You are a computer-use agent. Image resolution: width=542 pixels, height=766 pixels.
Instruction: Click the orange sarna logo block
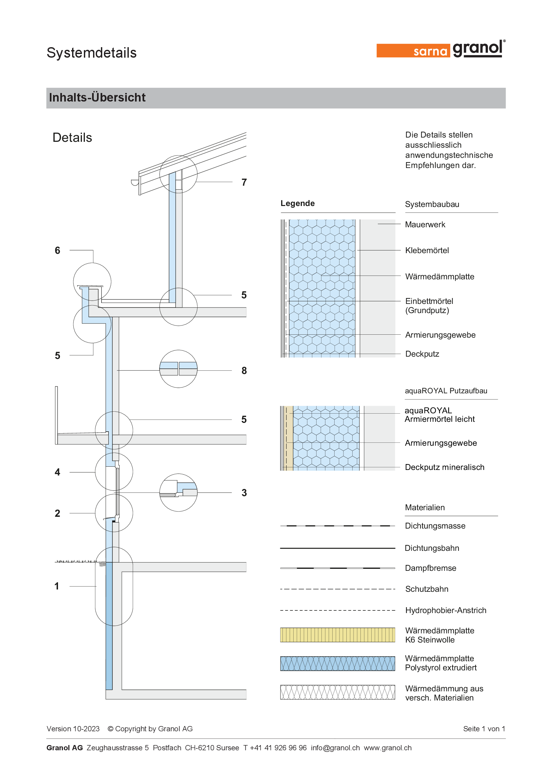pos(413,51)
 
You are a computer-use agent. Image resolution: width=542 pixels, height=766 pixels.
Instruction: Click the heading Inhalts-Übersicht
pos(97,97)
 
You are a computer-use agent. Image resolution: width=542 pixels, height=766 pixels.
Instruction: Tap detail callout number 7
pos(244,182)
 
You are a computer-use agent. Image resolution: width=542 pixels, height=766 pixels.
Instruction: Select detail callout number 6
pos(57,250)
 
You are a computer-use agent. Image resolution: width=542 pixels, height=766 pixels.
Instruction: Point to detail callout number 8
pos(244,370)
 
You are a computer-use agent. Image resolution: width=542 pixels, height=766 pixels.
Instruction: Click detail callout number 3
pos(244,493)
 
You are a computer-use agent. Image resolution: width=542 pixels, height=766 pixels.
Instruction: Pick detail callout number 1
pos(57,586)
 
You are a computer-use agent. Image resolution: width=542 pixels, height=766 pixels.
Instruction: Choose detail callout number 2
pos(57,513)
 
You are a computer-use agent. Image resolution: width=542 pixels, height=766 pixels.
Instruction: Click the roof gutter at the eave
pos(135,182)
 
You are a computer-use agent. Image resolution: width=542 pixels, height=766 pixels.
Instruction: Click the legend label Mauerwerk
pos(425,225)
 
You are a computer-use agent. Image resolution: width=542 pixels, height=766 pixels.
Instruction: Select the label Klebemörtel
pos(427,250)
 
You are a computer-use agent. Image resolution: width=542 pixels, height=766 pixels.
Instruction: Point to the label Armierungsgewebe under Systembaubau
pos(440,335)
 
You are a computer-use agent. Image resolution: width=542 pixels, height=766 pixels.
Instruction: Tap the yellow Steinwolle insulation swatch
pos(338,635)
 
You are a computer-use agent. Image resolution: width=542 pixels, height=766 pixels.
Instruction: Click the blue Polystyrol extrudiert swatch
pos(338,663)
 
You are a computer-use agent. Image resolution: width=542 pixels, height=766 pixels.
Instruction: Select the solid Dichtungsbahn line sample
pos(338,548)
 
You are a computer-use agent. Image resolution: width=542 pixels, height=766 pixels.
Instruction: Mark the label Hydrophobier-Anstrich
pos(446,610)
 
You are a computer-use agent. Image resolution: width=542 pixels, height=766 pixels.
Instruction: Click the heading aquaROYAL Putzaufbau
pos(446,391)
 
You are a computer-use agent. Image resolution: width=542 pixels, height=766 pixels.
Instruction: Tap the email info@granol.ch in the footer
pos(335,748)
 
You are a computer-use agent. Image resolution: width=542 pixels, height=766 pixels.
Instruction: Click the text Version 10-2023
pos(73,729)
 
